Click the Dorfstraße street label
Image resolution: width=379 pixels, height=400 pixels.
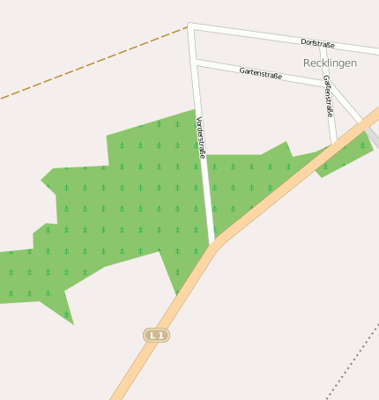point(318,42)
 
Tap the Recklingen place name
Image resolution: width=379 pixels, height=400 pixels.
point(330,63)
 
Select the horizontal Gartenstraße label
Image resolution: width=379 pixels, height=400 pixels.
point(260,74)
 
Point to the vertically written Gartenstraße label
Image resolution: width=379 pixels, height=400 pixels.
point(328,96)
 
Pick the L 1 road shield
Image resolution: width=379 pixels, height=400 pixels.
point(156,335)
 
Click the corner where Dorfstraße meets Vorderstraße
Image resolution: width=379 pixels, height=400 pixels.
point(190,26)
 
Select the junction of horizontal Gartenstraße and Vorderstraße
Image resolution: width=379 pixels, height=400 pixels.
point(195,62)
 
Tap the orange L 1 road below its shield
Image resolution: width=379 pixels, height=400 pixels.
point(132,370)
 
